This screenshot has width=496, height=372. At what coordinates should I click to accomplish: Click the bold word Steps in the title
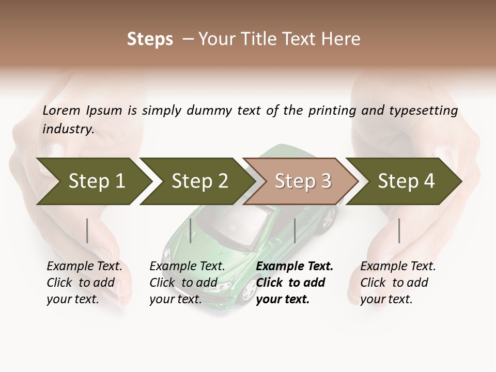pyautogui.click(x=150, y=39)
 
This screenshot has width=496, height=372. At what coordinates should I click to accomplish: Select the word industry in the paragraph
pyautogui.click(x=68, y=129)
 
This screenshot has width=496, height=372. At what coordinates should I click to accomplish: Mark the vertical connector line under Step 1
pyautogui.click(x=87, y=230)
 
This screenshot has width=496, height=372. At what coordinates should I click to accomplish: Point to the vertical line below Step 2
pyautogui.click(x=191, y=230)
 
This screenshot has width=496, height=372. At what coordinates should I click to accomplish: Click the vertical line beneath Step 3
pyautogui.click(x=295, y=230)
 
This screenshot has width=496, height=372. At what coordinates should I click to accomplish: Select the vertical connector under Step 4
pyautogui.click(x=399, y=230)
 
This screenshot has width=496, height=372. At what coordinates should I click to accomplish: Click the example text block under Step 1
pyautogui.click(x=84, y=282)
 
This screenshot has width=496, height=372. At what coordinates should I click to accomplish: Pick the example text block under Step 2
pyautogui.click(x=187, y=282)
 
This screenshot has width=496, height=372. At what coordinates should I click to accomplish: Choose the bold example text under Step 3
pyautogui.click(x=294, y=282)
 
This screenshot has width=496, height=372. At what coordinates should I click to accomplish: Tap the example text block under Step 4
pyautogui.click(x=397, y=282)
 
